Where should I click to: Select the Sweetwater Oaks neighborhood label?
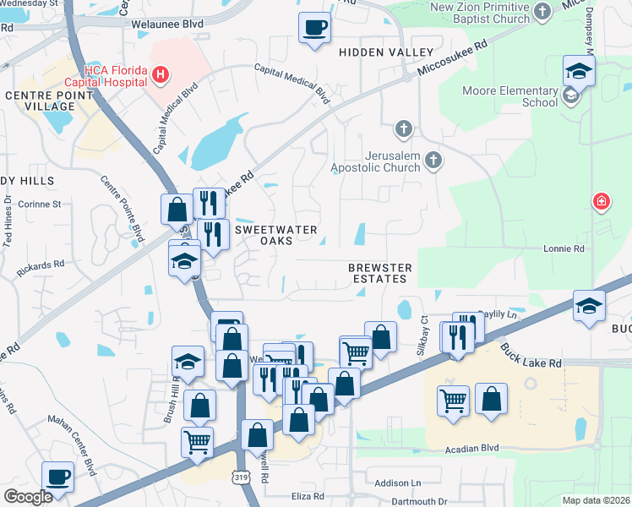[x=275, y=235]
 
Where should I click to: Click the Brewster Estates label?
[x=380, y=274]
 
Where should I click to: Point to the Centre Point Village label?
[x=40, y=101]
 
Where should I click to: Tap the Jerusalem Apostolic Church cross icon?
[x=433, y=160]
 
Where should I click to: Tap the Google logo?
[x=27, y=496]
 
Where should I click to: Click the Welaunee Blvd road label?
[x=167, y=25]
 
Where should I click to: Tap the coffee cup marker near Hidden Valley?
[x=314, y=26]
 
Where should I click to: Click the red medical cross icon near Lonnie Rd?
[x=601, y=201]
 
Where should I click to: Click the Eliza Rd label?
[x=308, y=496]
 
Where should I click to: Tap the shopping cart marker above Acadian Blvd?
[x=453, y=399]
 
